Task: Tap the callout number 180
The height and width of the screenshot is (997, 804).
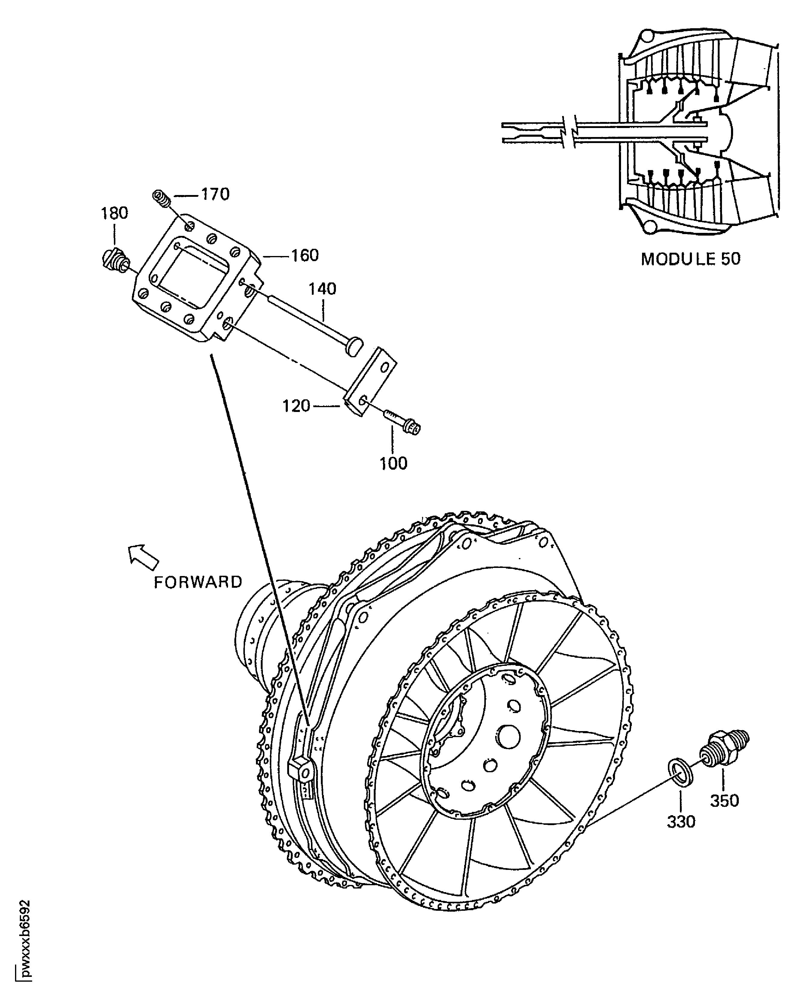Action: [x=114, y=213]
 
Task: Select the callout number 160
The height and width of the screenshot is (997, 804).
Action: [x=305, y=256]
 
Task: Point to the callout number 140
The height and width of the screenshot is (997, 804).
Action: [x=322, y=289]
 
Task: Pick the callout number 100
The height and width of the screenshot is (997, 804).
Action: [x=393, y=464]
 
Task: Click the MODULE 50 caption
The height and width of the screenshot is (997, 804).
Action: [x=690, y=259]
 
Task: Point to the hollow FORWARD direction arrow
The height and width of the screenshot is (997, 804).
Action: [x=143, y=555]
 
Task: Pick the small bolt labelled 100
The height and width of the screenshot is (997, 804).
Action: [x=401, y=421]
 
